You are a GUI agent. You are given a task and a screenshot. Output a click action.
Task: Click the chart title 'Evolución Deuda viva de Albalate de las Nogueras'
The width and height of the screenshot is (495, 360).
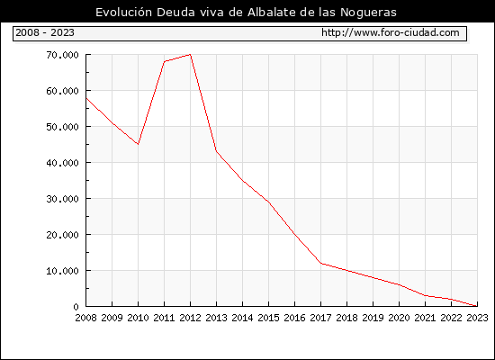click(x=246, y=13)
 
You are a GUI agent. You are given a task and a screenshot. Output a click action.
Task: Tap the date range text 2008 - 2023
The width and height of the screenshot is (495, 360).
click(x=45, y=32)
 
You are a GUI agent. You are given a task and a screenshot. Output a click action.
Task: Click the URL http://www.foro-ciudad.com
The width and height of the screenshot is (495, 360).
click(x=391, y=32)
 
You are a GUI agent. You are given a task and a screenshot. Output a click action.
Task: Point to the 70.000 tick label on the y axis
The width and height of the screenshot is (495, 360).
click(x=62, y=55)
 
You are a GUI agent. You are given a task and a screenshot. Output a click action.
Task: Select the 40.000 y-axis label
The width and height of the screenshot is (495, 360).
click(x=62, y=163)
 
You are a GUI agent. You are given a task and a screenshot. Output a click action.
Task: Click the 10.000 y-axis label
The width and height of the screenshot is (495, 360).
click(x=62, y=271)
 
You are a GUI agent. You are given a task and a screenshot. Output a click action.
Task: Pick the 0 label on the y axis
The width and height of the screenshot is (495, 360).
click(x=76, y=307)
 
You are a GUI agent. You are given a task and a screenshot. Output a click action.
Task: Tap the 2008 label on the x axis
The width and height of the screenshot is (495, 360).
click(x=85, y=318)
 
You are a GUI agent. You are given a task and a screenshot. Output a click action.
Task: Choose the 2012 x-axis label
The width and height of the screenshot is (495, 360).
click(x=191, y=318)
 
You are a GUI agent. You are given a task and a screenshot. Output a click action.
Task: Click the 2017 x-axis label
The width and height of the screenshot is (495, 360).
click(x=320, y=318)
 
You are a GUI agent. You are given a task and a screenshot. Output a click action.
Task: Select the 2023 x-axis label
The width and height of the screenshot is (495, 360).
click(x=477, y=318)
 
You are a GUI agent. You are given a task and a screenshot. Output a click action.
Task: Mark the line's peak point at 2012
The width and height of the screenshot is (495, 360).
click(x=191, y=54)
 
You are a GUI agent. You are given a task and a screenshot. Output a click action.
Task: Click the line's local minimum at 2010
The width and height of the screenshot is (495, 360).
click(x=138, y=144)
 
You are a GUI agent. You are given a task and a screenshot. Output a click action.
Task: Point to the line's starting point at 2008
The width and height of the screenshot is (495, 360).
click(x=86, y=98)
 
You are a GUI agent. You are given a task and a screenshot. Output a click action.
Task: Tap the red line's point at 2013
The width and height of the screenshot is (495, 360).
click(x=216, y=151)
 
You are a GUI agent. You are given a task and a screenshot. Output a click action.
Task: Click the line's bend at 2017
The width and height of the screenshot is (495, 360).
click(x=320, y=263)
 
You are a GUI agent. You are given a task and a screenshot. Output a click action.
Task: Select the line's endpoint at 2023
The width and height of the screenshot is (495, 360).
click(x=477, y=306)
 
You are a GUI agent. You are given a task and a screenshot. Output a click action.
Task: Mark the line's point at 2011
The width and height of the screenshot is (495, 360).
click(x=164, y=61)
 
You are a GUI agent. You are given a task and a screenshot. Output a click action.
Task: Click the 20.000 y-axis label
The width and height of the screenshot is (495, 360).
click(x=62, y=235)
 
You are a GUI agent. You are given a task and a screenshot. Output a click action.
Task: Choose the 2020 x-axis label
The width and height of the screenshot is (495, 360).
click(x=399, y=318)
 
